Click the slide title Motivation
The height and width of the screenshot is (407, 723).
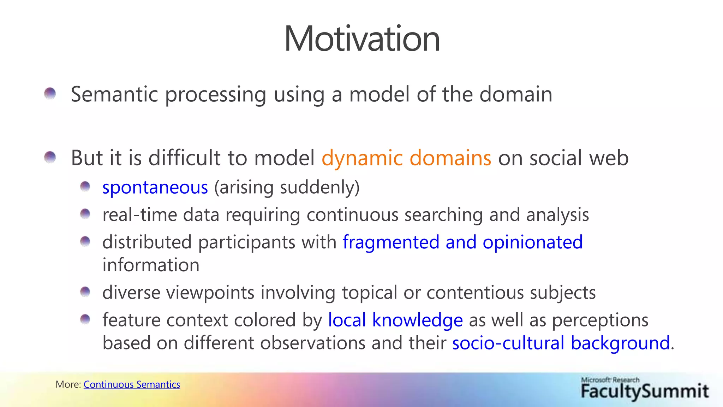(362, 39)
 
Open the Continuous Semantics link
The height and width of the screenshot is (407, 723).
(132, 384)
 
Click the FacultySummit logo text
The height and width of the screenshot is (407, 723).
(645, 391)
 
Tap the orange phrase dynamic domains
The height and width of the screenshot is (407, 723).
(406, 158)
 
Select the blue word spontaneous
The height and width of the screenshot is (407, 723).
(155, 187)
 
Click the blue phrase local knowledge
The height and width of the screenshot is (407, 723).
(395, 320)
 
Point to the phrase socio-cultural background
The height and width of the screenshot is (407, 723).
(561, 343)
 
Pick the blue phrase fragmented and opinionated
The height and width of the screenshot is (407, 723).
(462, 242)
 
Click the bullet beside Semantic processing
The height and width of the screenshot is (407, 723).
(50, 94)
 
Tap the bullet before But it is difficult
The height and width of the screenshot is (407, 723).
(50, 157)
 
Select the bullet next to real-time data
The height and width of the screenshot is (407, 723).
(85, 214)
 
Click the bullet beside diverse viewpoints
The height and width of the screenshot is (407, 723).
(85, 292)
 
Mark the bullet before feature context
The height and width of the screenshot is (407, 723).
(85, 319)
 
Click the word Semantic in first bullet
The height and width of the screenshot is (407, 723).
(114, 95)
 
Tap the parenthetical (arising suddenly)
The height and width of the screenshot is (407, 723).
(287, 187)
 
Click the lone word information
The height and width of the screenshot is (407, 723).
(151, 265)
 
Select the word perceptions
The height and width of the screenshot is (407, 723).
(600, 320)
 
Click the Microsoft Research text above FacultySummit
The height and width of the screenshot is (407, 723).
(610, 380)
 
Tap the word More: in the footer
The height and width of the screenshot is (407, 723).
(68, 384)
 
